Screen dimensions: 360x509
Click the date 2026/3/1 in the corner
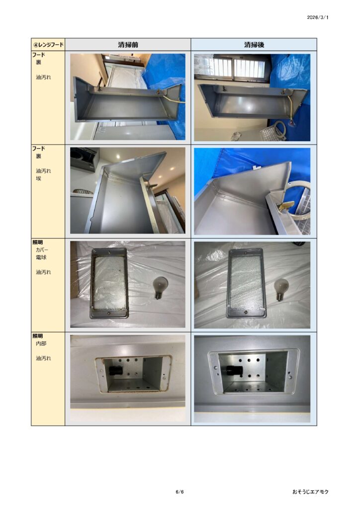point(317,17)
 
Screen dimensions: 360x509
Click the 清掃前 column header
point(128,44)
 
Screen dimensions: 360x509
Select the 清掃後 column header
point(254,44)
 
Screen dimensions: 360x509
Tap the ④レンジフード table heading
point(48,44)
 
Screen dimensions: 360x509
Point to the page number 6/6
point(180,492)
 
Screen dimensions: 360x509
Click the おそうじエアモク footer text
point(310,492)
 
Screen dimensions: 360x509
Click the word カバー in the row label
point(42,250)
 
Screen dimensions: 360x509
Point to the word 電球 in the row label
point(41,257)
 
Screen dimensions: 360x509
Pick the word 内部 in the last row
point(41,343)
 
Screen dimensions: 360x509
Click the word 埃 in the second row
point(38,178)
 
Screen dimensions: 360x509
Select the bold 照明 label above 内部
point(38,336)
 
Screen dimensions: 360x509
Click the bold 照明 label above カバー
point(38,242)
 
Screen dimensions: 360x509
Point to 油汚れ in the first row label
point(43,77)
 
